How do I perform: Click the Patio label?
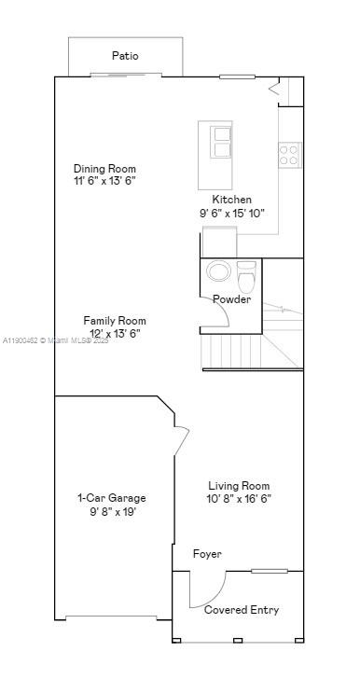[125, 56]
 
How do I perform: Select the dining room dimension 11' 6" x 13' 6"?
[104, 181]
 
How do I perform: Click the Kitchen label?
[231, 200]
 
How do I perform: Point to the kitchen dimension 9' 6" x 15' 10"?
[231, 213]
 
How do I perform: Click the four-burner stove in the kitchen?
[289, 154]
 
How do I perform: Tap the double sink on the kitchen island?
[222, 142]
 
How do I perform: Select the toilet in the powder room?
[246, 277]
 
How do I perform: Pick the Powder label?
[231, 299]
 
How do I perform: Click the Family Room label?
[114, 321]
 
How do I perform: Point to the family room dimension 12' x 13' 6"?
[114, 334]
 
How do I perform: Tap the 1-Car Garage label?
[111, 498]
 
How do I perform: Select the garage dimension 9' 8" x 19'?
[111, 511]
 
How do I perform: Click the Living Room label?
[239, 486]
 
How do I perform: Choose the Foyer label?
[207, 554]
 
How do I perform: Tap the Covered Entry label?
[241, 610]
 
